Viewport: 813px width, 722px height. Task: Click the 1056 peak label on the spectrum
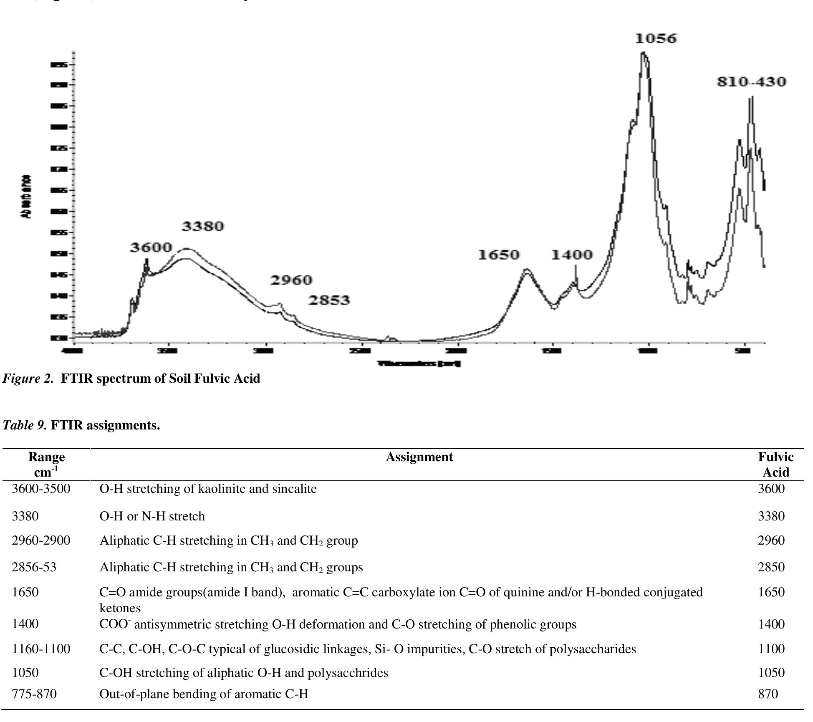point(656,39)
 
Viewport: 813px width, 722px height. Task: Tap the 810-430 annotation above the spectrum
point(751,82)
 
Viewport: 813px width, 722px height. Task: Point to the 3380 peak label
point(203,226)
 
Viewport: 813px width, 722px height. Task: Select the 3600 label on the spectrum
point(151,247)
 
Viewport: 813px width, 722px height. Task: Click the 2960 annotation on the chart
point(291,280)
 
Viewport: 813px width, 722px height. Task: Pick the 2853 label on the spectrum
point(329,300)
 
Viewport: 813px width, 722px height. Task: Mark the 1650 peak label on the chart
point(498,255)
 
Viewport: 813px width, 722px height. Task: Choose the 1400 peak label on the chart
point(572,255)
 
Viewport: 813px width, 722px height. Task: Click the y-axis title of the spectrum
point(26,197)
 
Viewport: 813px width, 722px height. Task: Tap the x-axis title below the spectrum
point(419,364)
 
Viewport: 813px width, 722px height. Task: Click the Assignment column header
point(419,457)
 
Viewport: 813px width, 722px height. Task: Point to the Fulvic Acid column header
point(775,465)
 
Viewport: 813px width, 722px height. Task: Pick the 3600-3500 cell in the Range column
point(41,489)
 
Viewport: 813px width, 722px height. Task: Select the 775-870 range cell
point(34,694)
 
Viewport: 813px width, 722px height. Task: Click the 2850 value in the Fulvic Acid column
point(771,567)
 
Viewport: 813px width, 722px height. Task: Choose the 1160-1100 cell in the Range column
point(41,649)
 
